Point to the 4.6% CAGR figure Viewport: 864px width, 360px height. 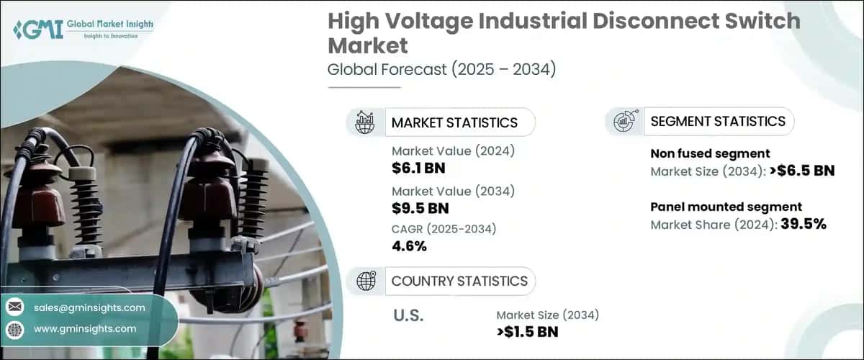[x=409, y=246]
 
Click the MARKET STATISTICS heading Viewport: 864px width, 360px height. [x=454, y=122]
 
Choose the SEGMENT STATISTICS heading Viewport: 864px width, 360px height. [x=718, y=122]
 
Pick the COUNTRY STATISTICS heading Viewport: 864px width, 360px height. [x=459, y=281]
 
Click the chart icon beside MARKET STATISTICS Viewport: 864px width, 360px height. [x=366, y=122]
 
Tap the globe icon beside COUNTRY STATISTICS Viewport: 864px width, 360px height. [x=366, y=281]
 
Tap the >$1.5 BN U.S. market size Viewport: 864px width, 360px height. [x=526, y=331]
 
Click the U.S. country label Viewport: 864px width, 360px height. [x=408, y=315]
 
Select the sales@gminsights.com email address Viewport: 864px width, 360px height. [x=89, y=307]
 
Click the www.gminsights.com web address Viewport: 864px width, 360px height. [x=85, y=328]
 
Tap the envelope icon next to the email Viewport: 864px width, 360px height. [x=15, y=307]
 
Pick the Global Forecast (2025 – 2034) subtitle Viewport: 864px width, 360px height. [x=441, y=70]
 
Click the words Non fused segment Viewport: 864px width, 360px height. [x=710, y=153]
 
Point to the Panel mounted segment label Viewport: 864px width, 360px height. [x=726, y=207]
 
